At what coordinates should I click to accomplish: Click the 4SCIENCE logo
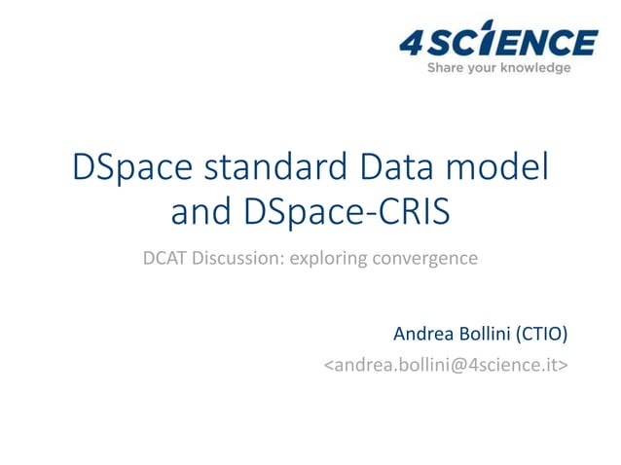point(497,45)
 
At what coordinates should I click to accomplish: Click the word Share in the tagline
point(446,68)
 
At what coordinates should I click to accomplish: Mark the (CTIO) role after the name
point(542,334)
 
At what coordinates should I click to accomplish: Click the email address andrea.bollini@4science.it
point(447,366)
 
